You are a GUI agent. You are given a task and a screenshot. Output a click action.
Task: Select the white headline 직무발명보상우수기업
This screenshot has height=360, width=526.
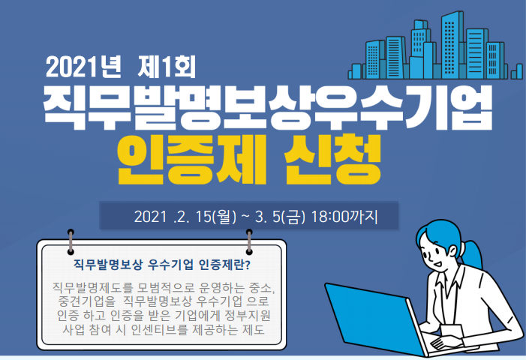[268, 107]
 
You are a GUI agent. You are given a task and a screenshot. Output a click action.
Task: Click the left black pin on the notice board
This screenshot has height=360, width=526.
[71, 233]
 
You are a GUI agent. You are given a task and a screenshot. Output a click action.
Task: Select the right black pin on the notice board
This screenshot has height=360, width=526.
[249, 233]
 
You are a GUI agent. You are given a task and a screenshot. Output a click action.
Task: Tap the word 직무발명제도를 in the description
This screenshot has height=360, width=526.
[92, 288]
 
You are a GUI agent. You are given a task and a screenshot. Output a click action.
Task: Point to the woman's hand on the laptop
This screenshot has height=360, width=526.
[443, 340]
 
